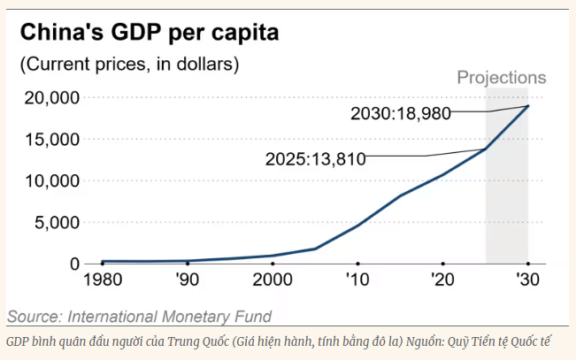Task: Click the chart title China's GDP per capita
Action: click(x=149, y=34)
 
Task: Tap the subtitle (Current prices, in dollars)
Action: click(x=129, y=65)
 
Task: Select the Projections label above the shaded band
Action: click(x=501, y=78)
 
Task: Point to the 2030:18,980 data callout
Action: click(x=401, y=113)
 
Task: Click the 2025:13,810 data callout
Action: click(x=316, y=158)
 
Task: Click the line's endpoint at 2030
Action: click(x=528, y=106)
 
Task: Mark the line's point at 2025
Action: click(x=486, y=149)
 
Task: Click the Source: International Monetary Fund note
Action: click(x=139, y=316)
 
